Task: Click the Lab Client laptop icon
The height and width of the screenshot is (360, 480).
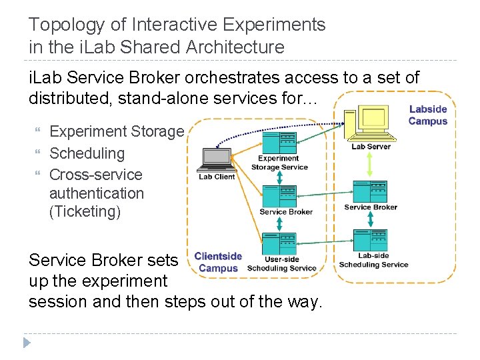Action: [x=215, y=158]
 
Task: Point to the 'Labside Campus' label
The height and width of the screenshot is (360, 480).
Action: [x=427, y=115]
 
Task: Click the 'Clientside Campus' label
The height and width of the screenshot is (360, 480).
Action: [x=218, y=262]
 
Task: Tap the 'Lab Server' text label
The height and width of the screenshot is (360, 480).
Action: [x=371, y=147]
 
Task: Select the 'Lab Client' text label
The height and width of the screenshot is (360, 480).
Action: [x=217, y=177]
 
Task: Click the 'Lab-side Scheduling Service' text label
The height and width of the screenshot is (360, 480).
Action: [x=373, y=260]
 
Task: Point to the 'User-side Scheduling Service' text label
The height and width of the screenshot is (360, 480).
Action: [x=281, y=264]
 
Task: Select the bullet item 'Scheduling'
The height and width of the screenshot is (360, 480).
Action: [x=87, y=153]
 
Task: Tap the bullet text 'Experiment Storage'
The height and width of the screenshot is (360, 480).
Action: [x=116, y=132]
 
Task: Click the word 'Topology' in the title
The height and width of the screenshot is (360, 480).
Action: [x=64, y=25]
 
